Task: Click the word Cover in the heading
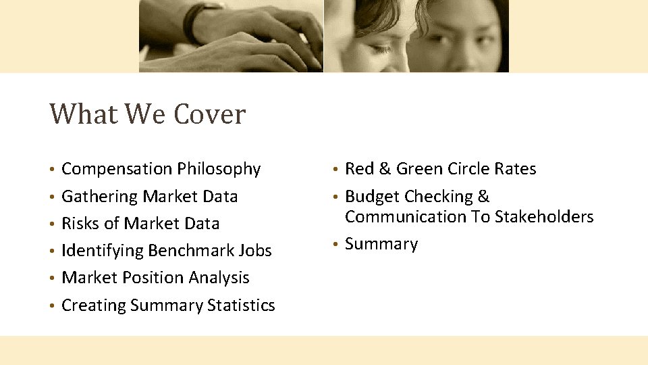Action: pos(209,114)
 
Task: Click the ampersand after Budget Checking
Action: pos(483,197)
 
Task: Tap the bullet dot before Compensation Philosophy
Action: pos(52,170)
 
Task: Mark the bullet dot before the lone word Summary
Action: pos(335,245)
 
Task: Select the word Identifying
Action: pos(102,251)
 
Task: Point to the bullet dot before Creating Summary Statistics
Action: pos(52,306)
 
